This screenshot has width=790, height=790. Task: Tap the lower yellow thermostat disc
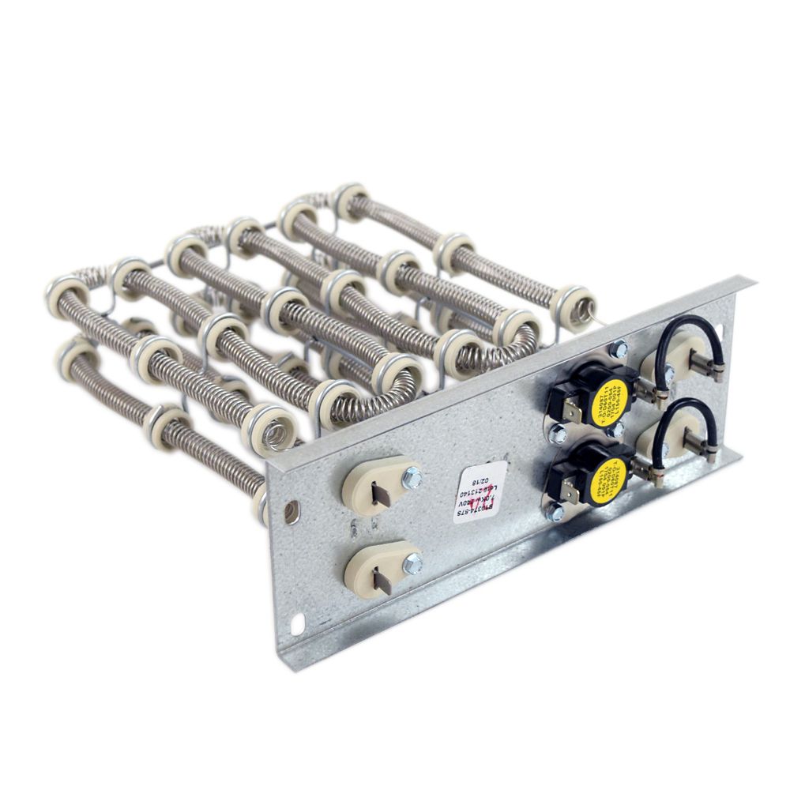coord(608,477)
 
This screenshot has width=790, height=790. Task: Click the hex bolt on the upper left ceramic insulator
coord(412,477)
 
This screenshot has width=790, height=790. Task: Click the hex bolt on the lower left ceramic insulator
coord(412,563)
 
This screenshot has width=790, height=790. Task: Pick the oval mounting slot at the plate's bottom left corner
coord(299,625)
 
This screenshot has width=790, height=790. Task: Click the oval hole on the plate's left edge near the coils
coord(292,510)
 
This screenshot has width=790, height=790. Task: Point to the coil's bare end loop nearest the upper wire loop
coord(585,303)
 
